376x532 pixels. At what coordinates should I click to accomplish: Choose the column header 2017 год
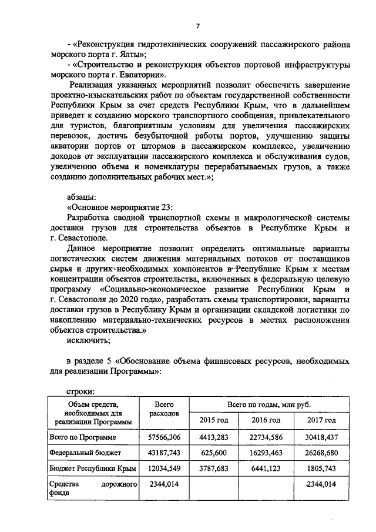point(321,420)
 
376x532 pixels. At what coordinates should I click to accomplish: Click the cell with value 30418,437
point(323,438)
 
